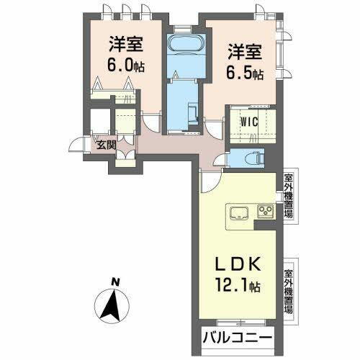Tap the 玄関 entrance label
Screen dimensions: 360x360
106,143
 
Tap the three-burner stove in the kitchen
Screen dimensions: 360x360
264,212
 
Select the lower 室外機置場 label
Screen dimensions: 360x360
288,289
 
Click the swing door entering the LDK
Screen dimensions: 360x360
207,182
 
